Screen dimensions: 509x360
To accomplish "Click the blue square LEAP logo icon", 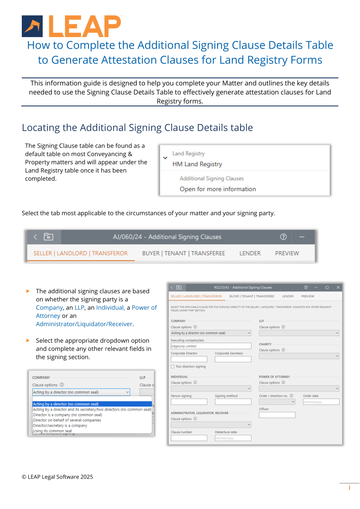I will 32,26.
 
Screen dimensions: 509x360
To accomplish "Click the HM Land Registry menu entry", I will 197,164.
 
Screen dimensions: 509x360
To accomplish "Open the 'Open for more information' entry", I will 217,189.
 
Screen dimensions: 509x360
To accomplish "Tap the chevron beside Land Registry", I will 165,158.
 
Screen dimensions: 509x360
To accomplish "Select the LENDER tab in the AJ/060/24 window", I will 250,253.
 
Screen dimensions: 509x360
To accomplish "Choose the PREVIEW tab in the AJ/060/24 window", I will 287,253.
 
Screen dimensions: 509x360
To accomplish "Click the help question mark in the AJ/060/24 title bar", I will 283,237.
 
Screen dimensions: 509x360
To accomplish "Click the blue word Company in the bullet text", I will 49,307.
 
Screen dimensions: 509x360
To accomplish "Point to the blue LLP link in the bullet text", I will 79,307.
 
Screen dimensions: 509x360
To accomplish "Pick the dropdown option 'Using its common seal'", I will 52,431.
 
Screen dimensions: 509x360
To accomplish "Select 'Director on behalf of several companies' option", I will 67,420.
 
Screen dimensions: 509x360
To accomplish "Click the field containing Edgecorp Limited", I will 211,346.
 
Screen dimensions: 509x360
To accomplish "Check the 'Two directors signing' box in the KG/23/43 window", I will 173,367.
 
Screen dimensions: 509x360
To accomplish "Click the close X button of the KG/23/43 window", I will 338,287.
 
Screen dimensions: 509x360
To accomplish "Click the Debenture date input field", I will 233,438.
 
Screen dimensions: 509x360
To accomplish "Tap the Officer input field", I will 277,415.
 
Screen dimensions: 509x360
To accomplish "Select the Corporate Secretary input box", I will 233,359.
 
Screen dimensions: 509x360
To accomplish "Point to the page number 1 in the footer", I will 349,488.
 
